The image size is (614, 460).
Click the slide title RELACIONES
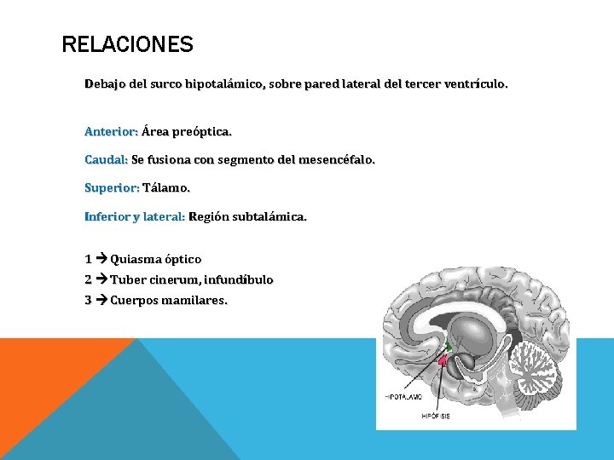(128, 44)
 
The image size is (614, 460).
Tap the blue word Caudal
(106, 159)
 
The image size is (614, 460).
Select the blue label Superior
(111, 187)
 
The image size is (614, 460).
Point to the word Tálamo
(166, 187)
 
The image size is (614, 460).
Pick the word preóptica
(201, 132)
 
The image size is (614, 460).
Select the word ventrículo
(475, 84)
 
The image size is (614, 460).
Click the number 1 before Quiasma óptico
(89, 258)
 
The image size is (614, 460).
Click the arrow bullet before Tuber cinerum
(101, 279)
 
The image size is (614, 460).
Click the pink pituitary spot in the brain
(443, 361)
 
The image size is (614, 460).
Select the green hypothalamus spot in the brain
(449, 346)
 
